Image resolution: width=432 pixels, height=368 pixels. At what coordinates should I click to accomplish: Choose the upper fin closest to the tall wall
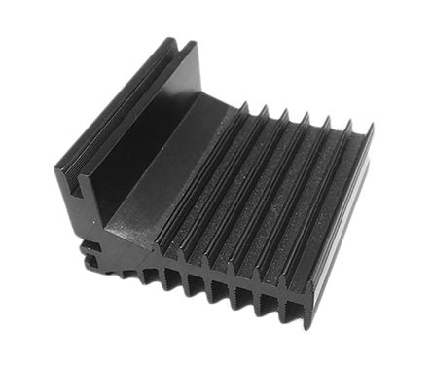pyautogui.click(x=199, y=185)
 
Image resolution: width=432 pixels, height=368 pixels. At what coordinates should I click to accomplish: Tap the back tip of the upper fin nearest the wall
pyautogui.click(x=243, y=105)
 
